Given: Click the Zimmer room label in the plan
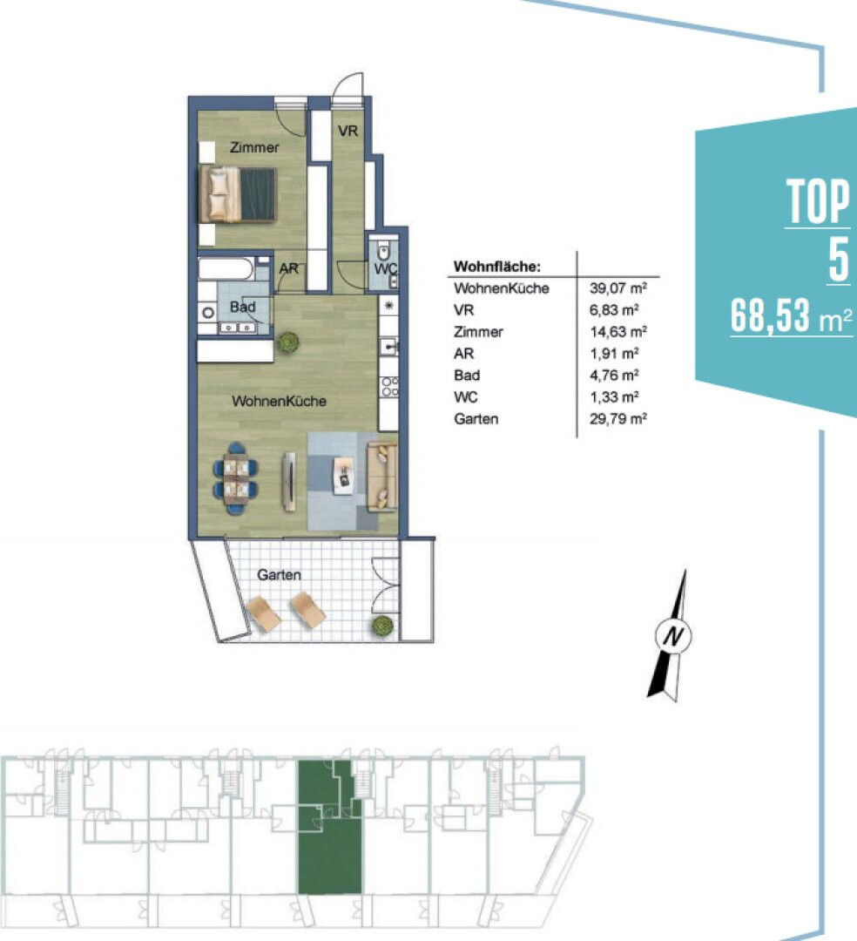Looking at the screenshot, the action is pyautogui.click(x=254, y=147).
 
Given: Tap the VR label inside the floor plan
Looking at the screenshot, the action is pyautogui.click(x=348, y=131).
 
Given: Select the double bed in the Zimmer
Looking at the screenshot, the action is pyautogui.click(x=238, y=194).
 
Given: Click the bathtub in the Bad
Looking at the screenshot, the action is pyautogui.click(x=226, y=269).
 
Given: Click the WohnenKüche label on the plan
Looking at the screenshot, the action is pyautogui.click(x=279, y=401).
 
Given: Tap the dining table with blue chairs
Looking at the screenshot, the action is pyautogui.click(x=236, y=478).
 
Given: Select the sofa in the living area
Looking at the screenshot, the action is pyautogui.click(x=382, y=476).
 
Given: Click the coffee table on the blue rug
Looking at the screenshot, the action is pyautogui.click(x=344, y=476).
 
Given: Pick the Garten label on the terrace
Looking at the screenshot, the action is pyautogui.click(x=279, y=575).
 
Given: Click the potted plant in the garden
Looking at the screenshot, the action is pyautogui.click(x=382, y=626).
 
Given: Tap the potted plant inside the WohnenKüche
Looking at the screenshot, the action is pyautogui.click(x=288, y=342).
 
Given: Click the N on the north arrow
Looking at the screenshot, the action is pyautogui.click(x=673, y=635).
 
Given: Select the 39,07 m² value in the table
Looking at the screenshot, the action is pyautogui.click(x=617, y=288).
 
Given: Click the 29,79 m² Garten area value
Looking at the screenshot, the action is pyautogui.click(x=617, y=419).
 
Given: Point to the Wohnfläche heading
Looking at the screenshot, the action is pyautogui.click(x=497, y=267).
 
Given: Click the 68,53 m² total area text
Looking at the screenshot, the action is pyautogui.click(x=791, y=315).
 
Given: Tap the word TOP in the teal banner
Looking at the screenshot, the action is pyautogui.click(x=818, y=201).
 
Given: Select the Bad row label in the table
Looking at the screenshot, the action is pyautogui.click(x=467, y=375).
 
